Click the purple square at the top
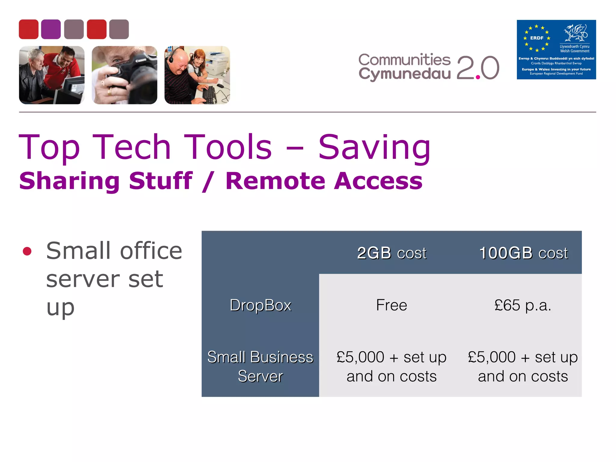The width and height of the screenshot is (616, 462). [x=51, y=29]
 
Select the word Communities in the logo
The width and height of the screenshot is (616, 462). [x=404, y=60]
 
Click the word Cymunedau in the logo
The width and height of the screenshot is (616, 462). [x=404, y=74]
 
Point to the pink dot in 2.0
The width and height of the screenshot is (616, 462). [x=478, y=77]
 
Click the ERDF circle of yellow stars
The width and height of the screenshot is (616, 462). [x=537, y=38]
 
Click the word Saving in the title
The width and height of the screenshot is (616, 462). [x=374, y=147]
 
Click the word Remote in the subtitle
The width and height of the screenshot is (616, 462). [x=275, y=181]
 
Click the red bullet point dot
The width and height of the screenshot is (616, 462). [x=27, y=251]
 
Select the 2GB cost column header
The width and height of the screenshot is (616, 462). [x=391, y=253]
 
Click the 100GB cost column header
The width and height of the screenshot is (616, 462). [x=523, y=253]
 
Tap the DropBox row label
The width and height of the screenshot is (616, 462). [x=260, y=305]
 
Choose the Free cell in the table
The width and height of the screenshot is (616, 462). [x=391, y=305]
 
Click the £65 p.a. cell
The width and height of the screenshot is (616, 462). [x=523, y=305]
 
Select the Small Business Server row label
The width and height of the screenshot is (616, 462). [x=260, y=366]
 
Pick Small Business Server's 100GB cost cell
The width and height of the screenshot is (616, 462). [x=523, y=366]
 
